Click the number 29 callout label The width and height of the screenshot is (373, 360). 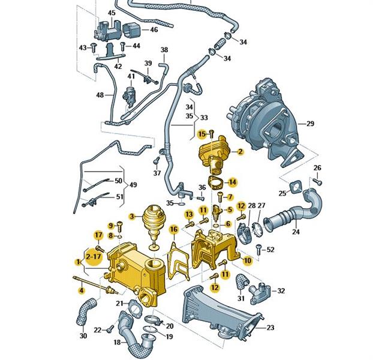click(309, 124)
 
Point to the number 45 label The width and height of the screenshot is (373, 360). click(112, 13)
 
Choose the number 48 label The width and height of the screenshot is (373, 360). click(100, 95)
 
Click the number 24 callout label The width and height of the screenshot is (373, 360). click(296, 230)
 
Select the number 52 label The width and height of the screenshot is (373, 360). click(270, 249)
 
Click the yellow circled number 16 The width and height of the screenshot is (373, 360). click(173, 229)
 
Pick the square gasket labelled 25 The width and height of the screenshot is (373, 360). click(296, 188)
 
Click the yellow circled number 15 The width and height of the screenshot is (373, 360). click(202, 133)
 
